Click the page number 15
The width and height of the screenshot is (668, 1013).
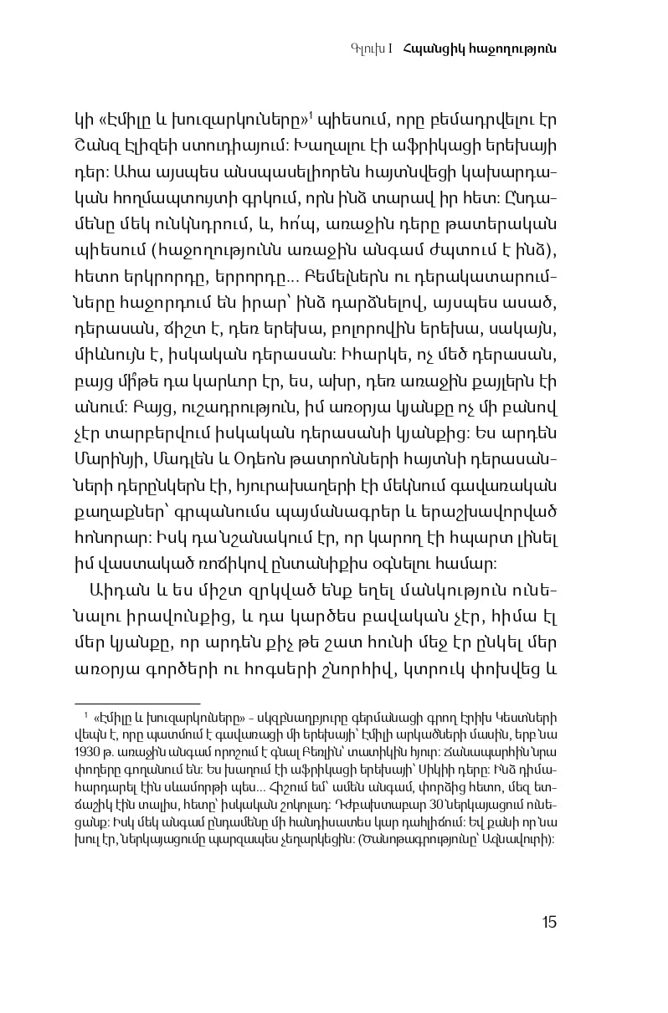pyautogui.click(x=548, y=922)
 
